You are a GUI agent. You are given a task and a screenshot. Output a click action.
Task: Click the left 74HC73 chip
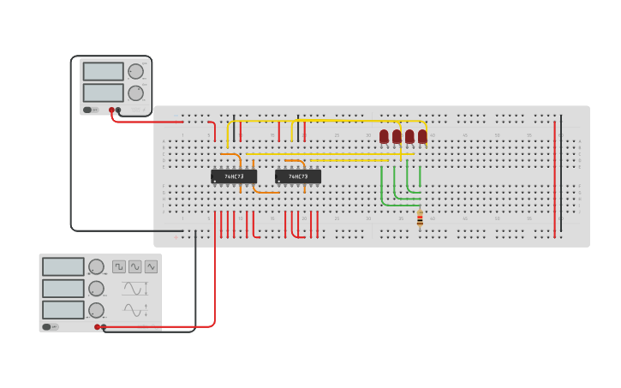click(x=234, y=176)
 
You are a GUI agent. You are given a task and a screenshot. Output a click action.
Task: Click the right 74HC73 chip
click(x=298, y=176)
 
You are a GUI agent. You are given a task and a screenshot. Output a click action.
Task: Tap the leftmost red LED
click(x=384, y=136)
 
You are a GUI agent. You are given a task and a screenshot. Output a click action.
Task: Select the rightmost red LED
click(x=422, y=136)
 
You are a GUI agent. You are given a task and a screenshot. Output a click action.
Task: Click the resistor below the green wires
click(x=420, y=219)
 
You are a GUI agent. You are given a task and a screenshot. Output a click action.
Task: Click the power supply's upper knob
click(x=135, y=71)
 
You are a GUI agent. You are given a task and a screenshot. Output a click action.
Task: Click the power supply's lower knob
click(x=135, y=93)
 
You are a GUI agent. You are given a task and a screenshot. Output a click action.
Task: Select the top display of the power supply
click(x=104, y=71)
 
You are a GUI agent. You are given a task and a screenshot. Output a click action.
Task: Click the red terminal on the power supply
click(x=111, y=110)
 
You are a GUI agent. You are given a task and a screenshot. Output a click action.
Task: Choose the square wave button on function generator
click(x=119, y=266)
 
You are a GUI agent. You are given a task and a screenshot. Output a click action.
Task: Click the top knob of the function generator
click(x=97, y=267)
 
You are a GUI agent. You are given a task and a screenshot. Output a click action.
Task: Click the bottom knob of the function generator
click(x=97, y=310)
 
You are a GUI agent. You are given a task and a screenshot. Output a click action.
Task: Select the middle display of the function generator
click(x=63, y=289)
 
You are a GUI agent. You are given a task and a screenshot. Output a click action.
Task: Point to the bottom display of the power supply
click(x=104, y=93)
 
